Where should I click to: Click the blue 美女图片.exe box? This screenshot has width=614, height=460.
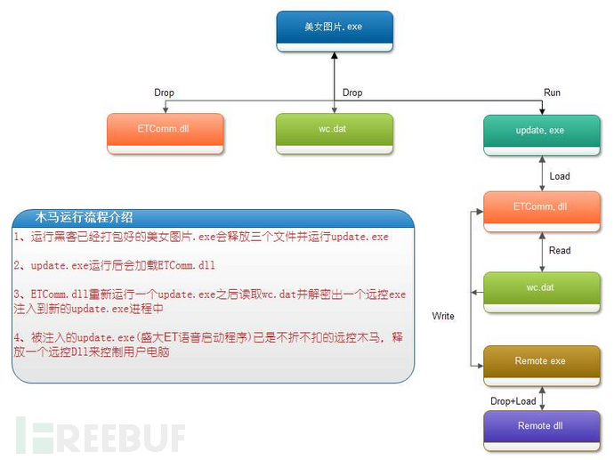pos(335,31)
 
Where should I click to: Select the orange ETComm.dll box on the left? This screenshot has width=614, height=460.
pos(166,133)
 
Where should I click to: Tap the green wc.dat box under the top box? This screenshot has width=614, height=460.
pos(334,133)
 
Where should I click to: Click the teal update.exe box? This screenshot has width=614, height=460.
pos(542,135)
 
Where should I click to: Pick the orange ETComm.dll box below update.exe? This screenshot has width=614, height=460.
pos(542,212)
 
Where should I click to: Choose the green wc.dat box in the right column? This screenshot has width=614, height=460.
pos(542,293)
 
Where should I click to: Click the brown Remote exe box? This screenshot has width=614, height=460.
pos(542,366)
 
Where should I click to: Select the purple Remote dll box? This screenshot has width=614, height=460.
pos(542,431)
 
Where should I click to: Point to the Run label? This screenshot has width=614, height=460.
pos(552,93)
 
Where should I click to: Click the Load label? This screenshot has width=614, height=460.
pos(560,176)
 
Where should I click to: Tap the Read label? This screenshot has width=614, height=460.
pos(560,251)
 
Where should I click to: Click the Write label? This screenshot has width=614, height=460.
pos(443,316)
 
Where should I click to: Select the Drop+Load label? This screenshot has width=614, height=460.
pos(513,401)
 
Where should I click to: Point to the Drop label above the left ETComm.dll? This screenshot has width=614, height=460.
pos(164,93)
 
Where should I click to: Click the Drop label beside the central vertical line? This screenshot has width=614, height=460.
pos(352,93)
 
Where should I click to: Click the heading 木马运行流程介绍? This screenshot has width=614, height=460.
pos(84,217)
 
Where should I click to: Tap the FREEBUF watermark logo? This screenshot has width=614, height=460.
pos(101,435)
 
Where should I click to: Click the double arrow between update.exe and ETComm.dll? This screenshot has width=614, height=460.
pos(542,174)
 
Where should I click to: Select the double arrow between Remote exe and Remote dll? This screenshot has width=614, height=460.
pos(542,399)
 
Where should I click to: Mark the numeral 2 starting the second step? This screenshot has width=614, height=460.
pos(17,265)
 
